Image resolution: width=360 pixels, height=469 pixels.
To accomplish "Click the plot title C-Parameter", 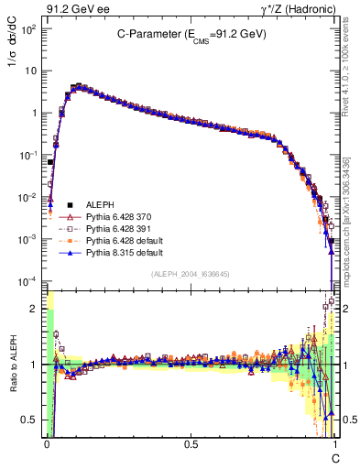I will click(x=191, y=34).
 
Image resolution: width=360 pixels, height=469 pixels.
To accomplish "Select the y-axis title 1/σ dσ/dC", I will click(x=16, y=57).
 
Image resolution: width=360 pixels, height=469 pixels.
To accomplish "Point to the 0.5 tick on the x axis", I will click(x=190, y=443).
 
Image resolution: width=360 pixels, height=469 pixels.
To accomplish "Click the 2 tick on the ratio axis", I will click(x=34, y=309).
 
